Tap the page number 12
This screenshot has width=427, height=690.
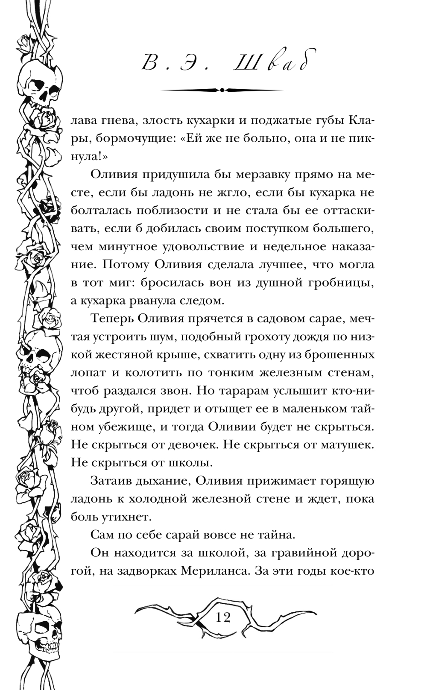pos(223,617)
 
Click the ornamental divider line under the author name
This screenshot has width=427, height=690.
pos(222,90)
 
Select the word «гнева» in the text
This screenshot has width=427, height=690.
pos(114,120)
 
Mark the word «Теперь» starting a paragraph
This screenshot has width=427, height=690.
pos(111,319)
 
